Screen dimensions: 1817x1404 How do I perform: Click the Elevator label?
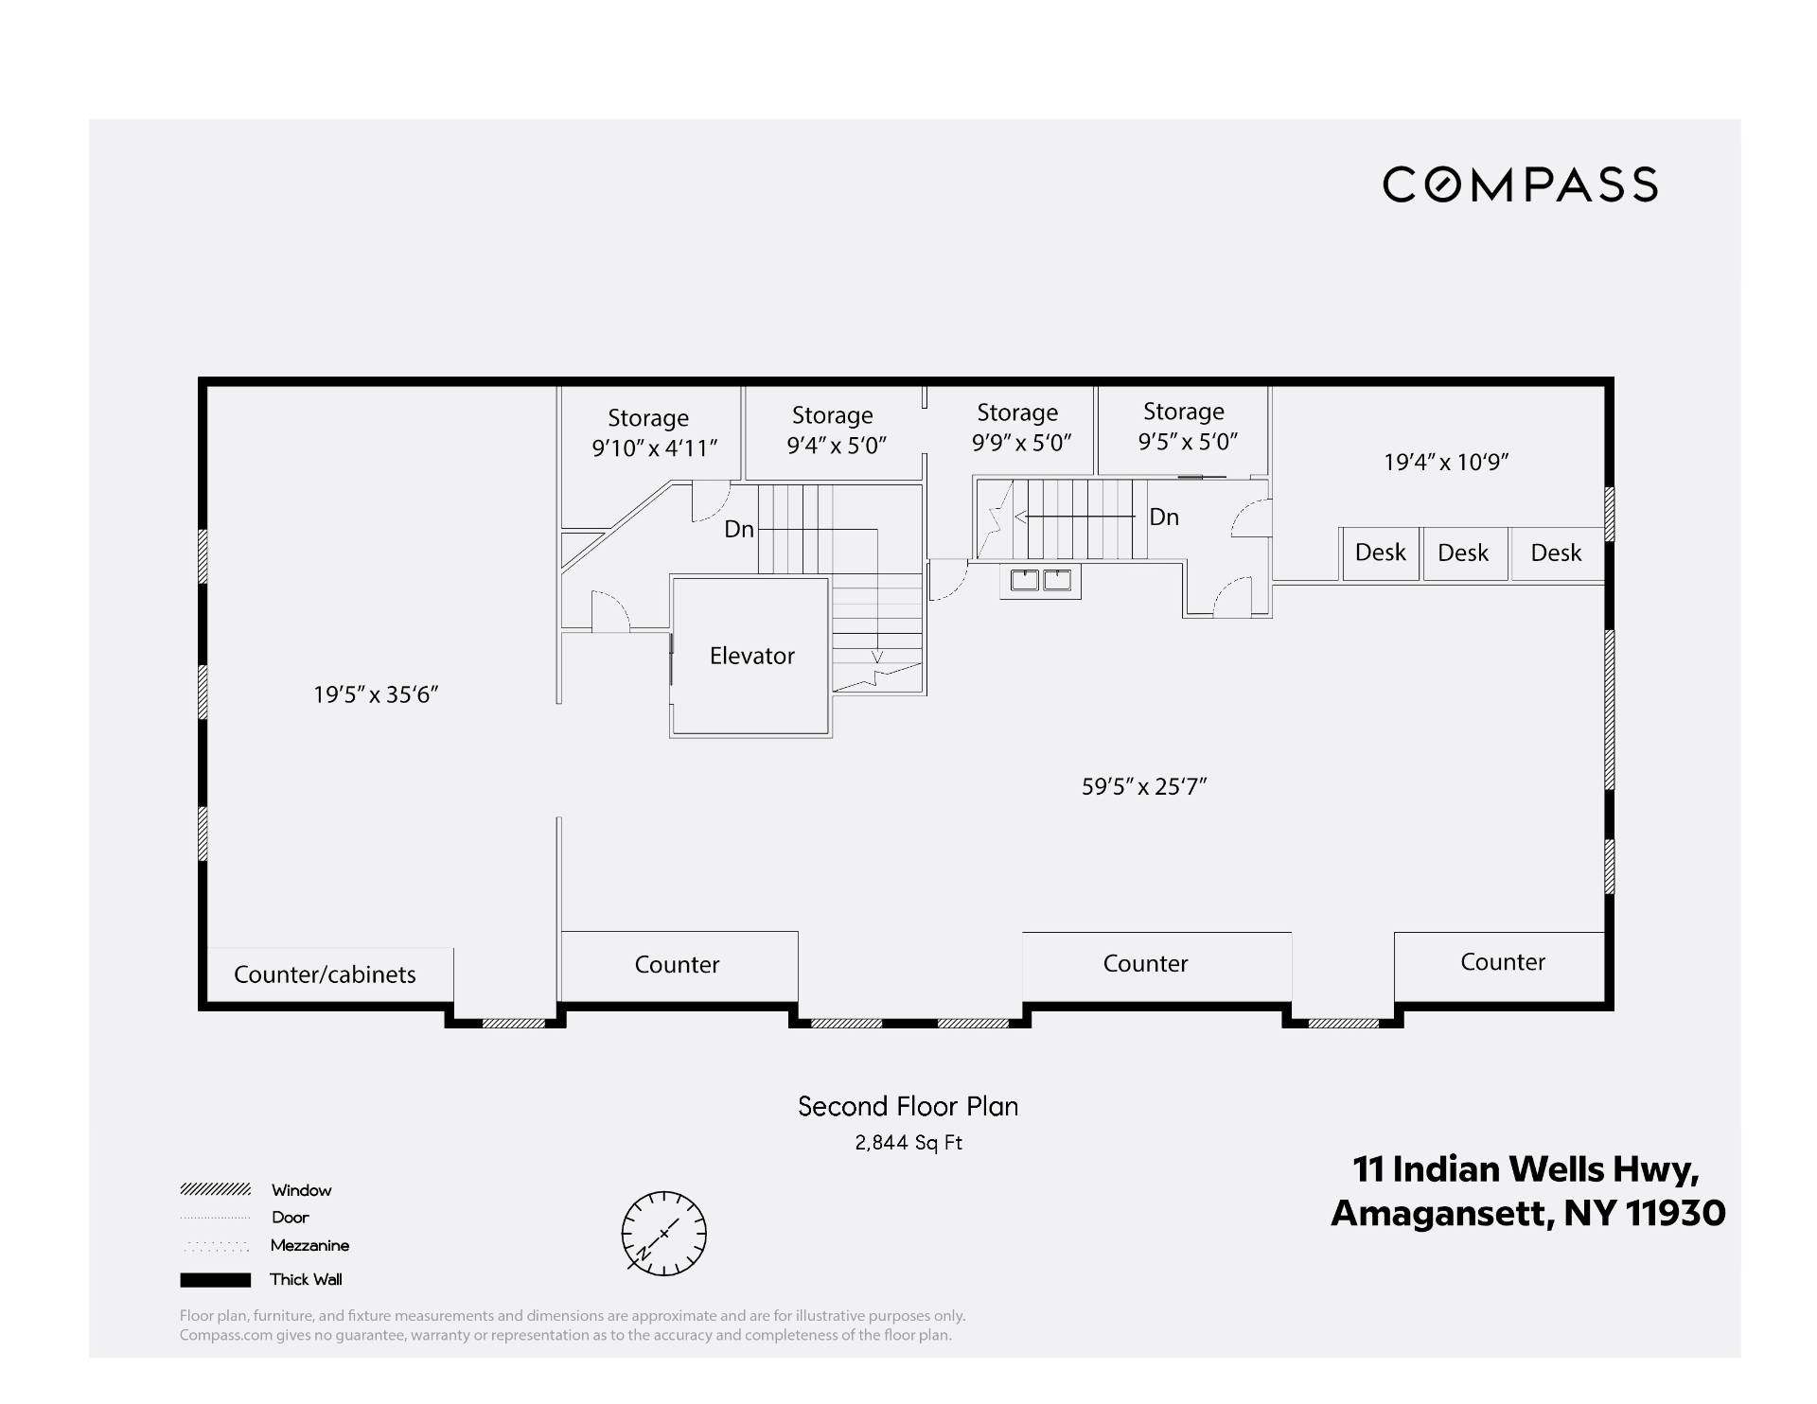point(751,656)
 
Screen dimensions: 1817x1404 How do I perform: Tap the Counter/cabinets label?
point(325,974)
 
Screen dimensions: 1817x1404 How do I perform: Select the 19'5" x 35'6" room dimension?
point(376,694)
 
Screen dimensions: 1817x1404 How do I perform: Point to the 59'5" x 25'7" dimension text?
point(1144,786)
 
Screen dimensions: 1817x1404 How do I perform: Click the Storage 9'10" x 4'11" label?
point(654,432)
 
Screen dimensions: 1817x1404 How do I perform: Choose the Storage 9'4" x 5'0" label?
point(837,430)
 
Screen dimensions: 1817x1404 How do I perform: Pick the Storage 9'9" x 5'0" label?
point(1021,427)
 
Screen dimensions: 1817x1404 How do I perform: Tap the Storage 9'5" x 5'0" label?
point(1188,426)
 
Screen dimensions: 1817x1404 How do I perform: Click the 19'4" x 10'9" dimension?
point(1446,462)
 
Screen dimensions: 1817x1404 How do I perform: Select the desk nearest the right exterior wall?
point(1557,553)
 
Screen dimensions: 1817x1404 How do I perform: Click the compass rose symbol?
point(663,1233)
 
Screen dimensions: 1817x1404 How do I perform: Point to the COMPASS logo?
point(1520,184)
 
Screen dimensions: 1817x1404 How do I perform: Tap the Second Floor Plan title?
point(908,1106)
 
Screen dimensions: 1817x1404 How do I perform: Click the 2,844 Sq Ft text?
point(908,1143)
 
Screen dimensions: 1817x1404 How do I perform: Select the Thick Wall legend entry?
point(261,1279)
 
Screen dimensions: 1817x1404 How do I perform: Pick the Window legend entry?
point(256,1190)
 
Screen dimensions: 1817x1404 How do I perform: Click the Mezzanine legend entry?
point(264,1245)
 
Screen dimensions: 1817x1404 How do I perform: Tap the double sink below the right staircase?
point(1041,580)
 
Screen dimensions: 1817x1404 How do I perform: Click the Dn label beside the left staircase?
point(739,529)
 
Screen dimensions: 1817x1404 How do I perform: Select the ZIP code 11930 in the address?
point(1675,1213)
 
